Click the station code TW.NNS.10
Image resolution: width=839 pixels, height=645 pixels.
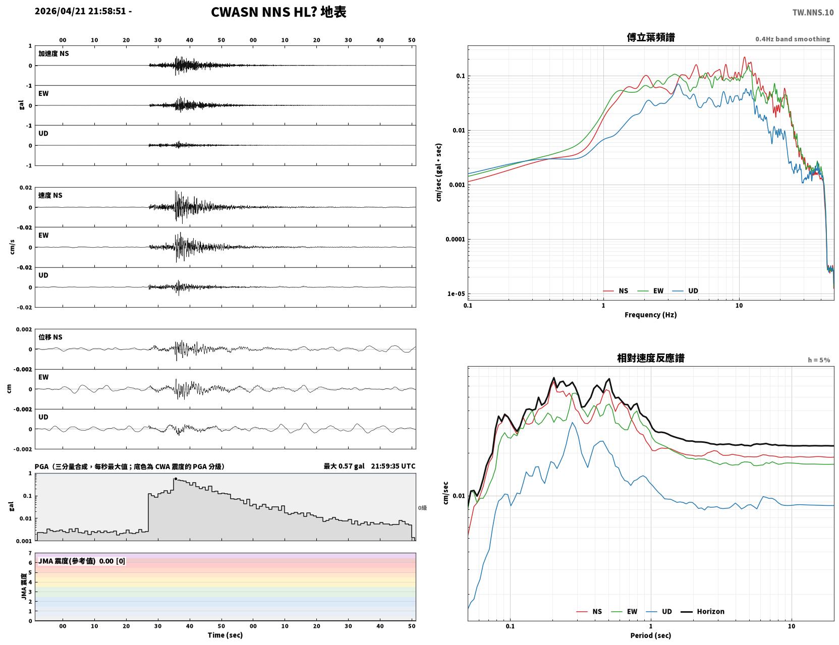pos(813,12)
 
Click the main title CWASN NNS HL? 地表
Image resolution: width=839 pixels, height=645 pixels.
pos(278,12)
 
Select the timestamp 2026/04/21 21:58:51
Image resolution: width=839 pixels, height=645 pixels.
pos(80,11)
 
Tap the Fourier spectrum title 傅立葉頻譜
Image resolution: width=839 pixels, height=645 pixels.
pos(651,37)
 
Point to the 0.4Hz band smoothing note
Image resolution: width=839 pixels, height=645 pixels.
pos(792,39)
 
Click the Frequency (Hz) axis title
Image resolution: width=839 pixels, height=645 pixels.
pos(651,315)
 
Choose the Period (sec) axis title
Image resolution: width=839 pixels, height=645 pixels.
pos(651,635)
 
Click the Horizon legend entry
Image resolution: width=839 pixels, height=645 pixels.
pos(702,611)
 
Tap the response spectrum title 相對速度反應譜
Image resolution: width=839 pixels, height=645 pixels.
pos(651,358)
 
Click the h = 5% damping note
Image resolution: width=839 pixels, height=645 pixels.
pos(818,360)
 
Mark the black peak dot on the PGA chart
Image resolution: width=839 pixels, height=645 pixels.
pos(176,479)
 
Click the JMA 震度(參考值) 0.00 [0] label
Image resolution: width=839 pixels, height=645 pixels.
pos(81,561)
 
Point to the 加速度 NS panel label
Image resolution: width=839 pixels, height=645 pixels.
pos(53,53)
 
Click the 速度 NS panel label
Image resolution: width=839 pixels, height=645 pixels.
pos(50,195)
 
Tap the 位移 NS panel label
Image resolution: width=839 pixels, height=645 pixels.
pos(50,337)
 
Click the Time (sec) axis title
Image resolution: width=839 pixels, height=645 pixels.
pos(225,635)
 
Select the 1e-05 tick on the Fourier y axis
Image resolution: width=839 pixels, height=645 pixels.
pos(456,294)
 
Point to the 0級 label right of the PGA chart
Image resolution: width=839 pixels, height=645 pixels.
pos(422,508)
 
